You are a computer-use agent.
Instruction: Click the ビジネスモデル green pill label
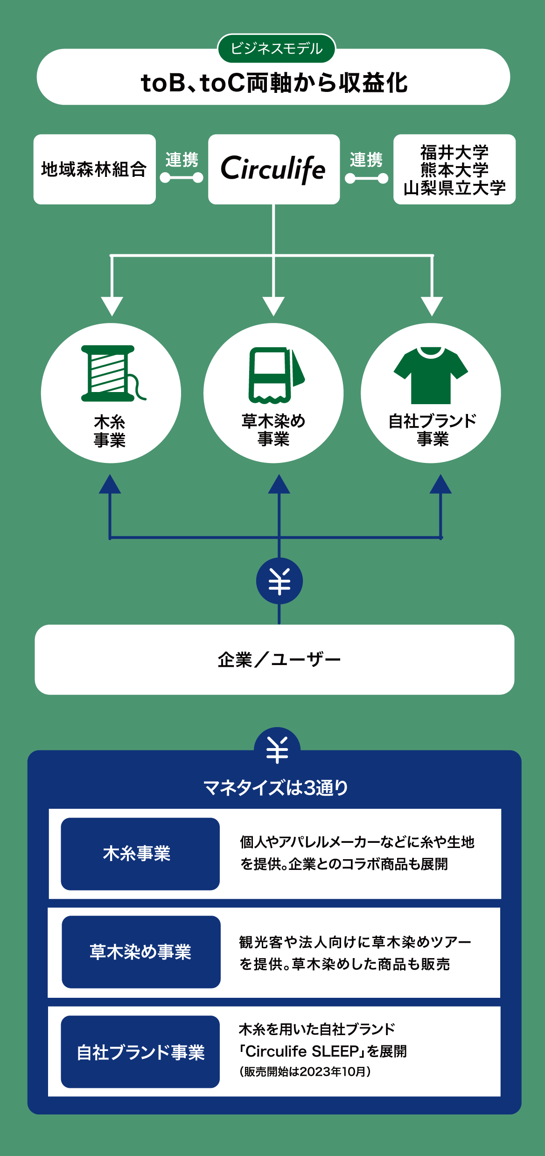pos(276,49)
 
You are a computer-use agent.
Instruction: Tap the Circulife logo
pos(273,169)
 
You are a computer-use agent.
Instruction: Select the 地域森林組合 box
pos(94,169)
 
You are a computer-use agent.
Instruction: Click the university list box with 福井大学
pos(454,169)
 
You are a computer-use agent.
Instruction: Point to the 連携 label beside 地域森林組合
pos(182,160)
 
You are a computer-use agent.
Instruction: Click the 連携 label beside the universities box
pos(366,160)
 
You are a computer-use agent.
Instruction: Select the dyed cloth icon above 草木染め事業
pos(275,375)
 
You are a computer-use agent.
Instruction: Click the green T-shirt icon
pos(431,375)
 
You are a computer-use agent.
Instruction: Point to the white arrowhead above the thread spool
pos(112,306)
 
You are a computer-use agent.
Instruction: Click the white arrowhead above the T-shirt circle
pos(432,306)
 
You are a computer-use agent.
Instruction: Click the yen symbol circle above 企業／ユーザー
pos(279,581)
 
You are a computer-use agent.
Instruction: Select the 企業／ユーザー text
pos(279,660)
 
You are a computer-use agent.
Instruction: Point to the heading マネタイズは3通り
pos(276,788)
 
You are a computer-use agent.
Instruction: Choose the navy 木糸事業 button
pos(140,854)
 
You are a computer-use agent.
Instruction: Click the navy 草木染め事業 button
pos(141,952)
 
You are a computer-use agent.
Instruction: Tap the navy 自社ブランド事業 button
pos(140,1051)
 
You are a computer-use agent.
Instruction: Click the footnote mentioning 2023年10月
pos(305,1071)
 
